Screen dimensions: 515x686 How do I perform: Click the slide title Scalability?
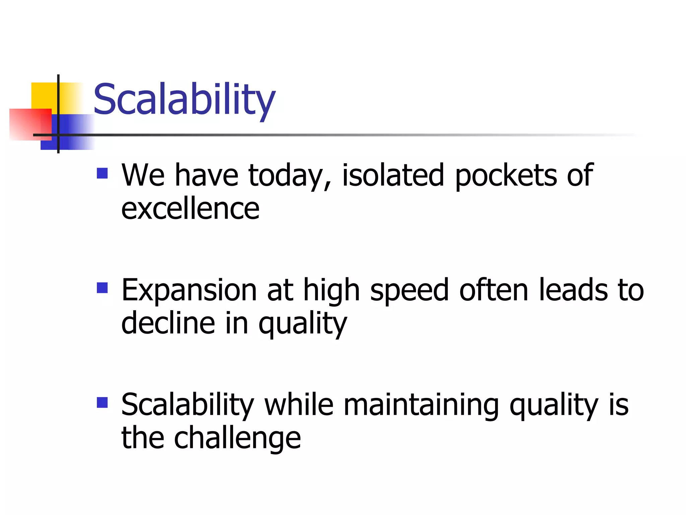coord(184,100)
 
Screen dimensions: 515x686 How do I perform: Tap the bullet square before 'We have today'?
coord(102,173)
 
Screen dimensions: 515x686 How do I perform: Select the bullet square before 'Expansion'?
coord(102,288)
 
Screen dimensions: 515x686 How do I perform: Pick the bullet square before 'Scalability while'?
coord(102,402)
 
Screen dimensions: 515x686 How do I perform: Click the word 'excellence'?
coord(190,209)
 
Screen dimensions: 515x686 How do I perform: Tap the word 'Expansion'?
coord(189,290)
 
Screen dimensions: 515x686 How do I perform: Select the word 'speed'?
coord(409,290)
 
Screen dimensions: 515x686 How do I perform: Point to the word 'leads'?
coord(573,290)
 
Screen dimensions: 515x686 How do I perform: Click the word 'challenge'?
coord(237,438)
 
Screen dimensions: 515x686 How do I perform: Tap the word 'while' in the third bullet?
coord(299,404)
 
